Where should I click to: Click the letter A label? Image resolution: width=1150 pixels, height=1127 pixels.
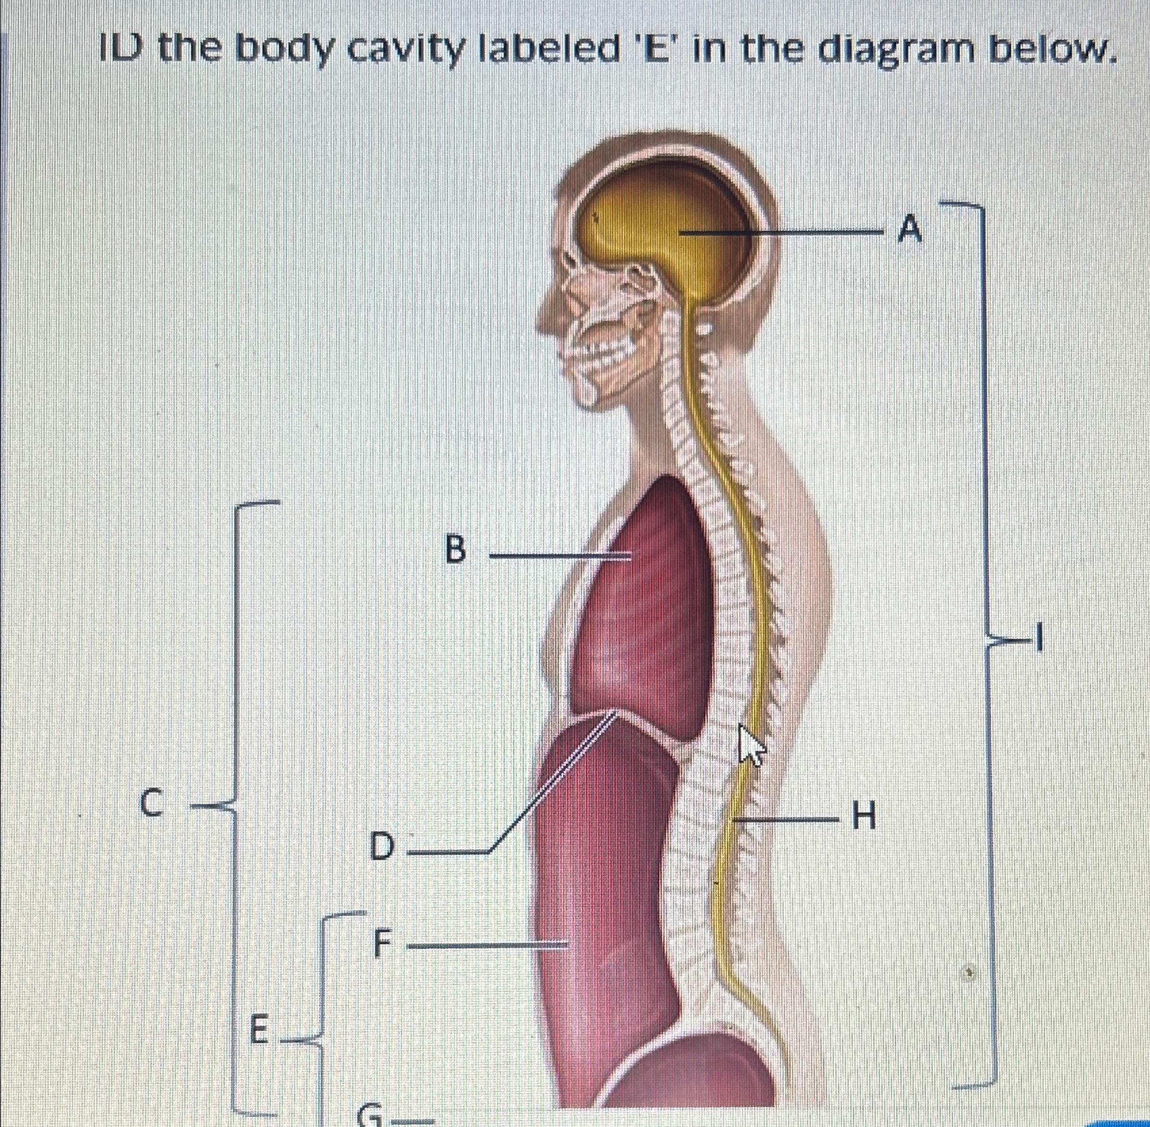coord(910,230)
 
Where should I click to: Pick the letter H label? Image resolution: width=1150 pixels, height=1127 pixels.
coord(862,819)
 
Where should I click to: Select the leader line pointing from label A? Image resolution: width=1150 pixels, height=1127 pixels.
coord(781,232)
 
